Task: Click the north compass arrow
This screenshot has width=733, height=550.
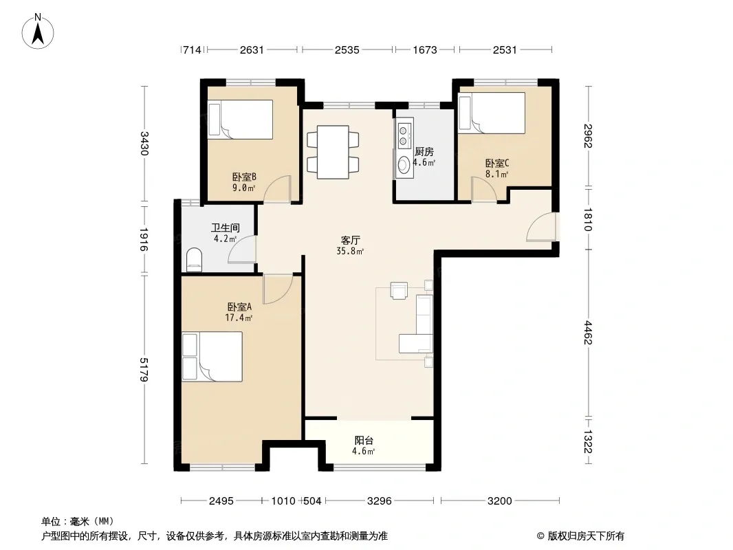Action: coord(38,34)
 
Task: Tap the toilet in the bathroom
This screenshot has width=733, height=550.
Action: coord(194,260)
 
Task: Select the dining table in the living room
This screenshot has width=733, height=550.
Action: coord(333,152)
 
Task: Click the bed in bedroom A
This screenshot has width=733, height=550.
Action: coord(212,357)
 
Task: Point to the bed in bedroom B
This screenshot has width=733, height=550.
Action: coord(240,120)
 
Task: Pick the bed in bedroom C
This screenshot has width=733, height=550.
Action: coord(492,113)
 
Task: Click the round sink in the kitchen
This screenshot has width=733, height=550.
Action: coord(403,164)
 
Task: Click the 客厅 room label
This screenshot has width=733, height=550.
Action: coord(350,240)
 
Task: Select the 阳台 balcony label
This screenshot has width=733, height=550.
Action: coord(364,440)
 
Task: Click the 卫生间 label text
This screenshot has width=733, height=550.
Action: coord(226,228)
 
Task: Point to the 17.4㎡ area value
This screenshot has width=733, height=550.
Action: coord(239,318)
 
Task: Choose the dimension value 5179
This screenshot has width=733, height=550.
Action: coord(144,370)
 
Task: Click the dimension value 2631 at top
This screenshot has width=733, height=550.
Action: coord(252,50)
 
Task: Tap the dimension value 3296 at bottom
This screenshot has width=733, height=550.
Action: coord(379,501)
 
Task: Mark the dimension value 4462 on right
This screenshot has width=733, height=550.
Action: coord(588,333)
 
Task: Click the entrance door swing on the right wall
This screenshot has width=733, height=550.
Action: coord(541,227)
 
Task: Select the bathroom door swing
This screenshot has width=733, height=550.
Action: coord(242,250)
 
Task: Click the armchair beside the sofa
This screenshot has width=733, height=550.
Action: coord(399,290)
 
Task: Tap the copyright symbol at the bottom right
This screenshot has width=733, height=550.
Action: coord(540,536)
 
